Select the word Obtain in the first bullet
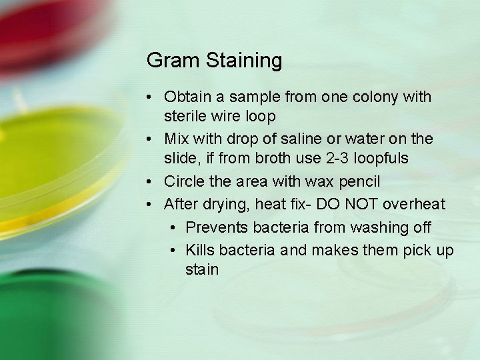point(188,97)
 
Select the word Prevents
point(215,227)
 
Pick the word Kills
point(201,249)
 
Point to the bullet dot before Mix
point(152,140)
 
